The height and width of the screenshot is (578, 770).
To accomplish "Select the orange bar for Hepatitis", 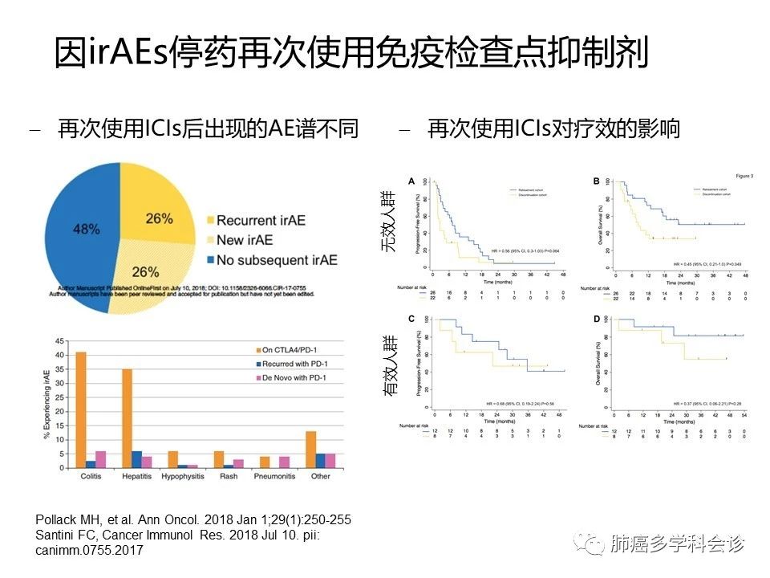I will [127, 418].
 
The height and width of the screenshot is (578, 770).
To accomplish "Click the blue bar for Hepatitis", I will [136, 459].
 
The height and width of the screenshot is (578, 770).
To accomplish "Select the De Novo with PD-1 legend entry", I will [292, 377].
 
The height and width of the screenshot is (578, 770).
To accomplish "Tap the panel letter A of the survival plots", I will [411, 181].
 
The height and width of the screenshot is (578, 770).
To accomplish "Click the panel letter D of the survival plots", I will [596, 319].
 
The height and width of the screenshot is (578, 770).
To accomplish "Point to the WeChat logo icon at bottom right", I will [594, 544].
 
